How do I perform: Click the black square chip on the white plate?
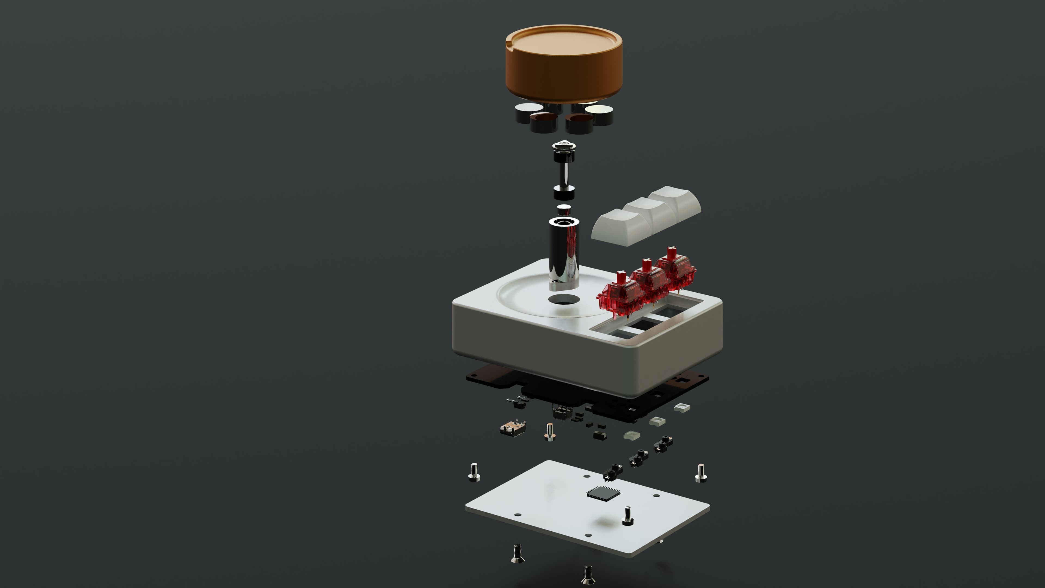(x=604, y=492)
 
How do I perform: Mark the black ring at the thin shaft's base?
(x=564, y=192)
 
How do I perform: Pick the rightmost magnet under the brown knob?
(x=599, y=114)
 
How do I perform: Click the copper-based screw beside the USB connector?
(x=549, y=432)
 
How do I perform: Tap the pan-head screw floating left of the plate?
(x=474, y=472)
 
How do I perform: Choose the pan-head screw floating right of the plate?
(x=700, y=473)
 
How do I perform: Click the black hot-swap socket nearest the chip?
(x=613, y=472)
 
